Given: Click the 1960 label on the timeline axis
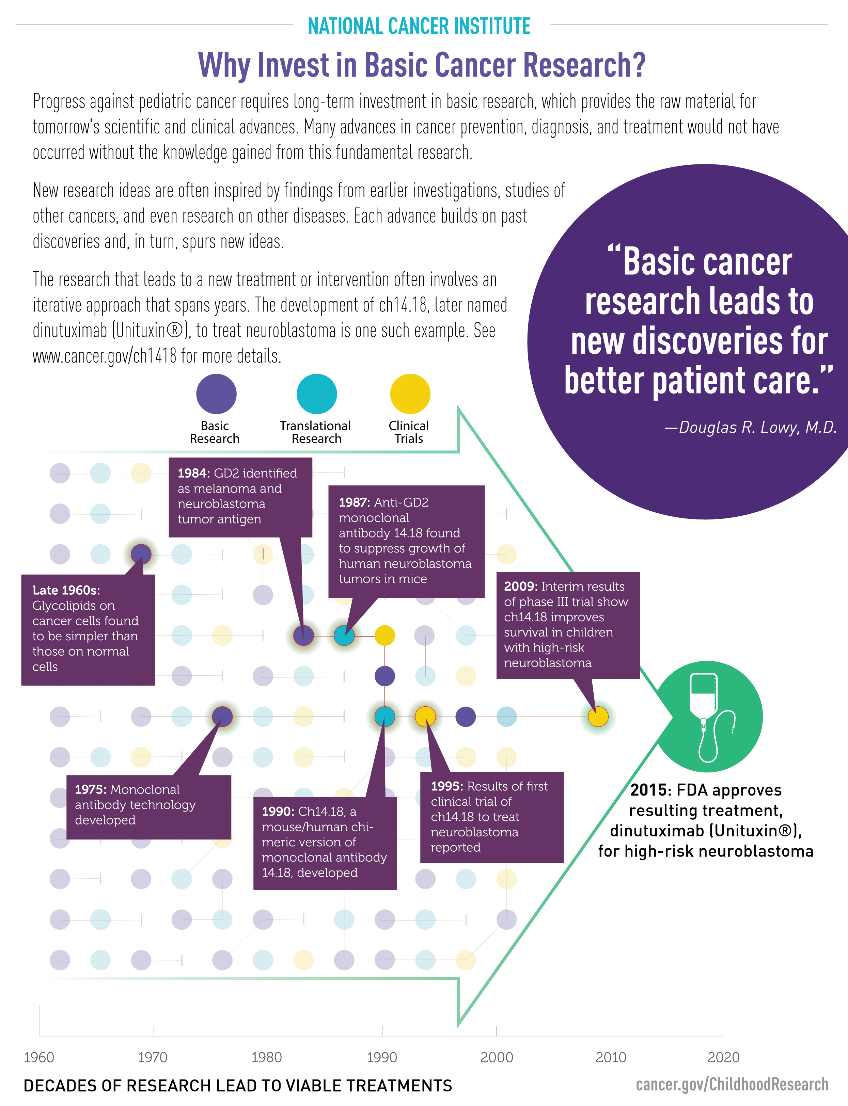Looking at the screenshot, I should point(39,1057).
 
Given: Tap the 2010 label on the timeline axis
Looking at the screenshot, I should point(611,1057).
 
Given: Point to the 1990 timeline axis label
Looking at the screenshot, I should point(381,1057).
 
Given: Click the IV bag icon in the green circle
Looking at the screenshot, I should point(709,717).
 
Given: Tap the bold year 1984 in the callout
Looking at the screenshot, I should point(193,473).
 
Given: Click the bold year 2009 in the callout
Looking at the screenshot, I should point(520,586).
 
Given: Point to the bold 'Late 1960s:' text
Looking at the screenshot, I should point(66,590).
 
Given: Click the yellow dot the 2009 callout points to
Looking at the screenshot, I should point(598,717).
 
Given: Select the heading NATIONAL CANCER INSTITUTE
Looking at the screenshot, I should point(419,26).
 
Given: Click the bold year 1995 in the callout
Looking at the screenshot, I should point(447,786).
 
